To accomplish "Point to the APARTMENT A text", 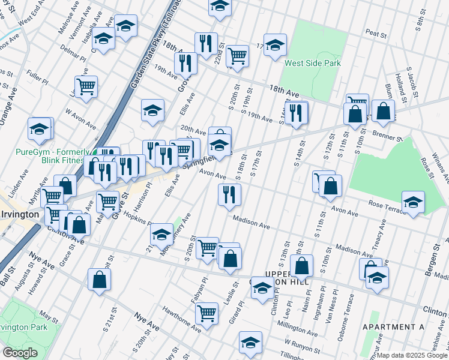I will coord(393,326).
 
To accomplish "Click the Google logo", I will coord(19,353).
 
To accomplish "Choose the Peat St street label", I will coord(376,35).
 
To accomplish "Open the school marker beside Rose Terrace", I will coord(412,202).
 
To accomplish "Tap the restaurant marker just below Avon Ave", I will coord(229,194).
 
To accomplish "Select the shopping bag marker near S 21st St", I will coord(99,279).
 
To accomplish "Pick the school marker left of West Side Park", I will coord(275,45).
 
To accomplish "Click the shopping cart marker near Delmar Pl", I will coord(86,86).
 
